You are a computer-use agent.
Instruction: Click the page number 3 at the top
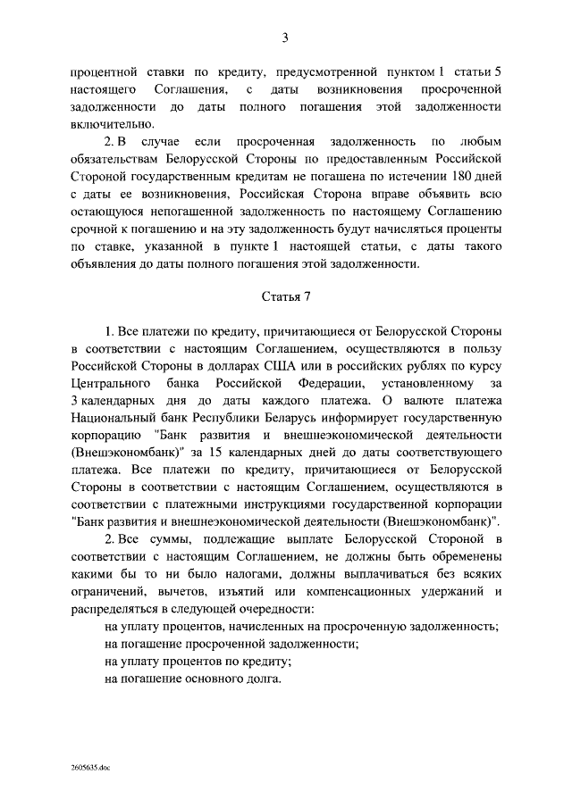click(x=285, y=37)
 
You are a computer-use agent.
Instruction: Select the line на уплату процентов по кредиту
click(x=198, y=661)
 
